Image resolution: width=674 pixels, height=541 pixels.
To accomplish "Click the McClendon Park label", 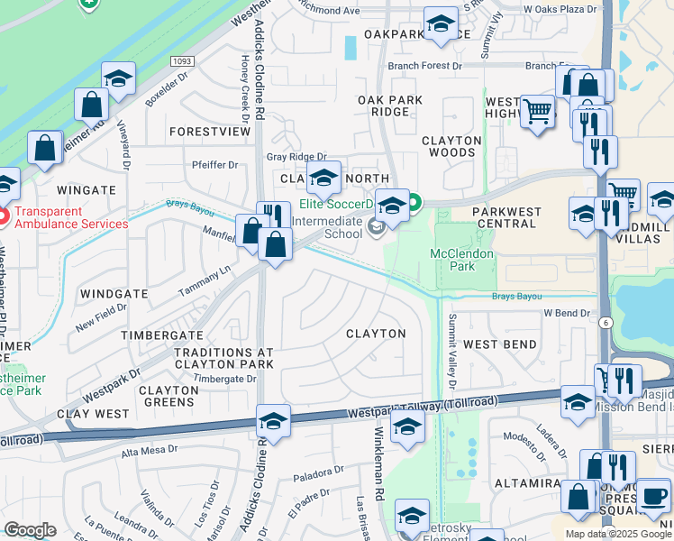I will pyautogui.click(x=462, y=261).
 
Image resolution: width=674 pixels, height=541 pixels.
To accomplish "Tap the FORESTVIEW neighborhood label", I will pyautogui.click(x=209, y=132).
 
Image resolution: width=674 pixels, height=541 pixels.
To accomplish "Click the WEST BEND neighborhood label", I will pyautogui.click(x=500, y=344).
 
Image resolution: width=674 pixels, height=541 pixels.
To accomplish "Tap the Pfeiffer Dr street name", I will pyautogui.click(x=214, y=165).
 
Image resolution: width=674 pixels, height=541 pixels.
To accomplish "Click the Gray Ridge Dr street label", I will pyautogui.click(x=296, y=157).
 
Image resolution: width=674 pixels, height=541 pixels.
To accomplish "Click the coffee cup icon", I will pyautogui.click(x=655, y=494).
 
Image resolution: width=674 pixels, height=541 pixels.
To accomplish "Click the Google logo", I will pyautogui.click(x=31, y=530).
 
